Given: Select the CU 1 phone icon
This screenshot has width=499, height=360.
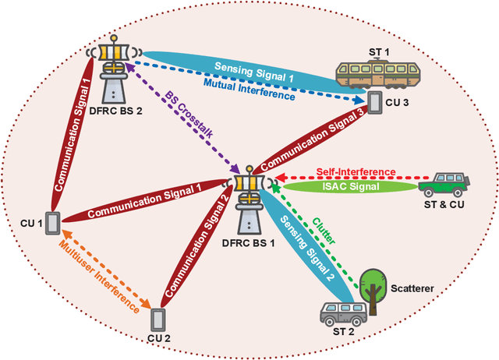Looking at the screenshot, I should [x=53, y=223].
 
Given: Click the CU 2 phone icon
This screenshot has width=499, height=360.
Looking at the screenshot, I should [x=159, y=319].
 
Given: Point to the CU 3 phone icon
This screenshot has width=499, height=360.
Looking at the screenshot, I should [x=375, y=102].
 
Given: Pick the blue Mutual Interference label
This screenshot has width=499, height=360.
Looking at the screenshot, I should [x=249, y=86].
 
